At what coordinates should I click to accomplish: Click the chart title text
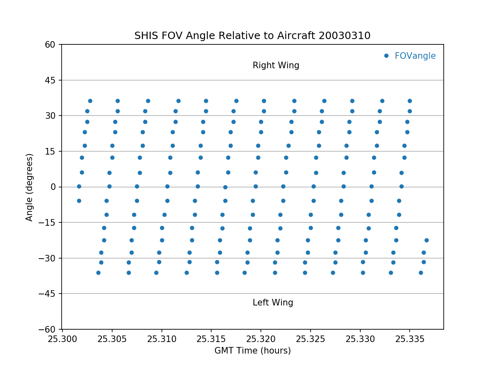(252, 36)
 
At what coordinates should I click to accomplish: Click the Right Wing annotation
(276, 65)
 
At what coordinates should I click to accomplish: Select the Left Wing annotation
(273, 303)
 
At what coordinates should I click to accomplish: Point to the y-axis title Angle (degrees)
(30, 187)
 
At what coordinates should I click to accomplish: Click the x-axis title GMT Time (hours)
(252, 351)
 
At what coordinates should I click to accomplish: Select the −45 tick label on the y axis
(49, 294)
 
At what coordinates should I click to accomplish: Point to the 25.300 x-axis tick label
(62, 339)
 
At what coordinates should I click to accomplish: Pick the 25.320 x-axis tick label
(261, 339)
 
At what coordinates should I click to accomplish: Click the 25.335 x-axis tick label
(410, 339)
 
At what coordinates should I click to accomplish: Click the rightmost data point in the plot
(426, 240)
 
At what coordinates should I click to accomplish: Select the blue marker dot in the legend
(386, 55)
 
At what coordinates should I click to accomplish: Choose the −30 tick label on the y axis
(49, 258)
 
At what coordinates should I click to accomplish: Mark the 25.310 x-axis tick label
(161, 339)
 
